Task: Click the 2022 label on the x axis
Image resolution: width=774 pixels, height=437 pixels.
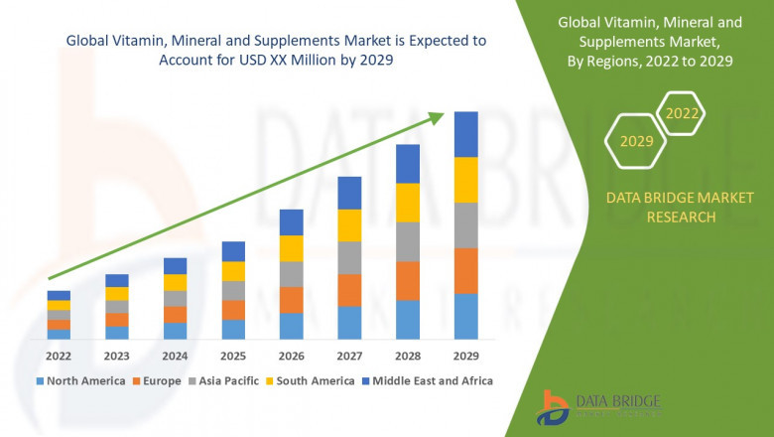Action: [x=59, y=356]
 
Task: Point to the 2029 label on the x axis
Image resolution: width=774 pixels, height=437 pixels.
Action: [x=465, y=356]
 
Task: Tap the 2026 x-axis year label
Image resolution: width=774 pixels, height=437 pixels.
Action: [x=291, y=356]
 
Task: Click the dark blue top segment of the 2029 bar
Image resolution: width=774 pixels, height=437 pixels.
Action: [x=465, y=134]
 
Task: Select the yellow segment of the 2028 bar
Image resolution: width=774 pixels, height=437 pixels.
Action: [x=408, y=203]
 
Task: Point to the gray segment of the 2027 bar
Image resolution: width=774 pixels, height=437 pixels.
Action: [x=349, y=257]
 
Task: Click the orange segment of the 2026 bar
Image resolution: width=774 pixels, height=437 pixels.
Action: [x=291, y=300]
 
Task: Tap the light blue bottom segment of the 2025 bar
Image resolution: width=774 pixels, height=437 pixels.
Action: [x=233, y=330]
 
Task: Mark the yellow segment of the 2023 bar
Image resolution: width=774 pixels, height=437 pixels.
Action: [x=117, y=293]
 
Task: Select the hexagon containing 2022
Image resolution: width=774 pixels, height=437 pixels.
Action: [x=682, y=113]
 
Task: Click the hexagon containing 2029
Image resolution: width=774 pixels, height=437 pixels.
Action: [x=636, y=141]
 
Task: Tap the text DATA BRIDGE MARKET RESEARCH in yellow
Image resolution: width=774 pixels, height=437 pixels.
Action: [x=660, y=208]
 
